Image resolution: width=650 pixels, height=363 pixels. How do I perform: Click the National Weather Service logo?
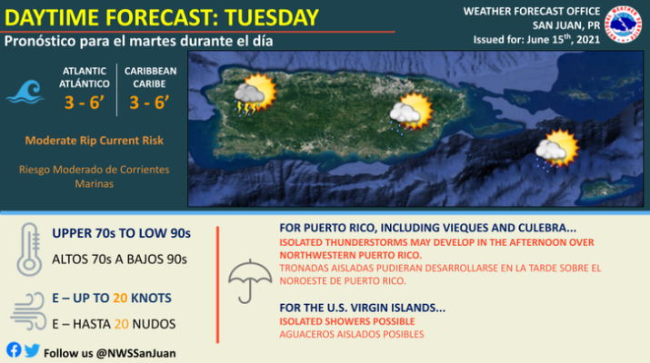(x=623, y=25)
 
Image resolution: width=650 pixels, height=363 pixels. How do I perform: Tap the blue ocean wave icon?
(x=25, y=92)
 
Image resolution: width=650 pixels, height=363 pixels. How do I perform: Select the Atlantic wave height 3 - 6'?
(x=84, y=103)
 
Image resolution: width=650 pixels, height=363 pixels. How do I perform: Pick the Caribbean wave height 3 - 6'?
(x=149, y=103)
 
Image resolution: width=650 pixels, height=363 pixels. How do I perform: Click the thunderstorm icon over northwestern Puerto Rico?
(x=255, y=94)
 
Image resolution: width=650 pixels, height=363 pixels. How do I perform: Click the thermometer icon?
(x=29, y=250)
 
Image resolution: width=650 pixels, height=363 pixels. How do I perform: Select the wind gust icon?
(x=28, y=311)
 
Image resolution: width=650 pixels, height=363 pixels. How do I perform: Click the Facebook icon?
(x=14, y=350)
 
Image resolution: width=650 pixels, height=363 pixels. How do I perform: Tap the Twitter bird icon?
(x=32, y=350)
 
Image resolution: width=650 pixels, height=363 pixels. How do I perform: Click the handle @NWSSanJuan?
(x=136, y=353)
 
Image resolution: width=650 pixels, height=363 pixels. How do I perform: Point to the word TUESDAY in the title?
(x=272, y=18)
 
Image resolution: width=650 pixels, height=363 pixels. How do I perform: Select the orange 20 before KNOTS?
(x=120, y=298)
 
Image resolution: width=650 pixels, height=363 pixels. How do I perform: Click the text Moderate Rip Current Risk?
(x=95, y=141)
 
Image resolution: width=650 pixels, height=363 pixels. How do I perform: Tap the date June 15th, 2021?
(x=564, y=39)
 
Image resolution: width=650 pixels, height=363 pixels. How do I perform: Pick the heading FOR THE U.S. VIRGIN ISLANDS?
(x=363, y=308)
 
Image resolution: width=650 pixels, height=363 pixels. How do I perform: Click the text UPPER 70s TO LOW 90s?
(x=122, y=233)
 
